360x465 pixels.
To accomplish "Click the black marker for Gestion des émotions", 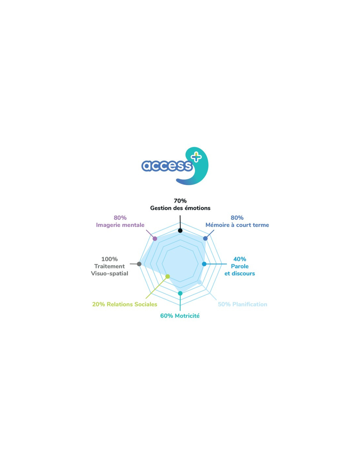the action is tap(180, 231).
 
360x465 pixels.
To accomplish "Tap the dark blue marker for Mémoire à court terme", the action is tap(205, 238).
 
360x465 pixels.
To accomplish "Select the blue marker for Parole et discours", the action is tap(204, 264).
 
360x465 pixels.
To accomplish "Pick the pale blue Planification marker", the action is tap(199, 282).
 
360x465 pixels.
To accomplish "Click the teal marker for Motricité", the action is tap(180, 293).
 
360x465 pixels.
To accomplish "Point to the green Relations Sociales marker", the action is tap(168, 276).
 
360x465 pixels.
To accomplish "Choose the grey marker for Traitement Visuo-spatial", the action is tap(139, 264).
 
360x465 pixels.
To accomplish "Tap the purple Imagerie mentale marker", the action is tap(155, 239).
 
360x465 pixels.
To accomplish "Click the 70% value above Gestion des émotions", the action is tap(180, 201).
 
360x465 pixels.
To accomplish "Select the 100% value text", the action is tap(109, 259).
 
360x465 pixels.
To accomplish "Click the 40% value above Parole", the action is tap(240, 259).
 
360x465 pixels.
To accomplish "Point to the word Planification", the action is tap(250, 304).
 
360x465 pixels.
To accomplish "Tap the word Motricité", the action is tap(187, 316).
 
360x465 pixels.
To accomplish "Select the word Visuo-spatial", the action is tap(109, 273).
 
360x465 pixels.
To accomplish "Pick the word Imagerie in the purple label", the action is tap(108, 225).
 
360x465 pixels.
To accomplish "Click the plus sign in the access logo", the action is tap(196, 157).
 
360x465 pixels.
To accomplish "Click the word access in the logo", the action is tap(167, 166).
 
